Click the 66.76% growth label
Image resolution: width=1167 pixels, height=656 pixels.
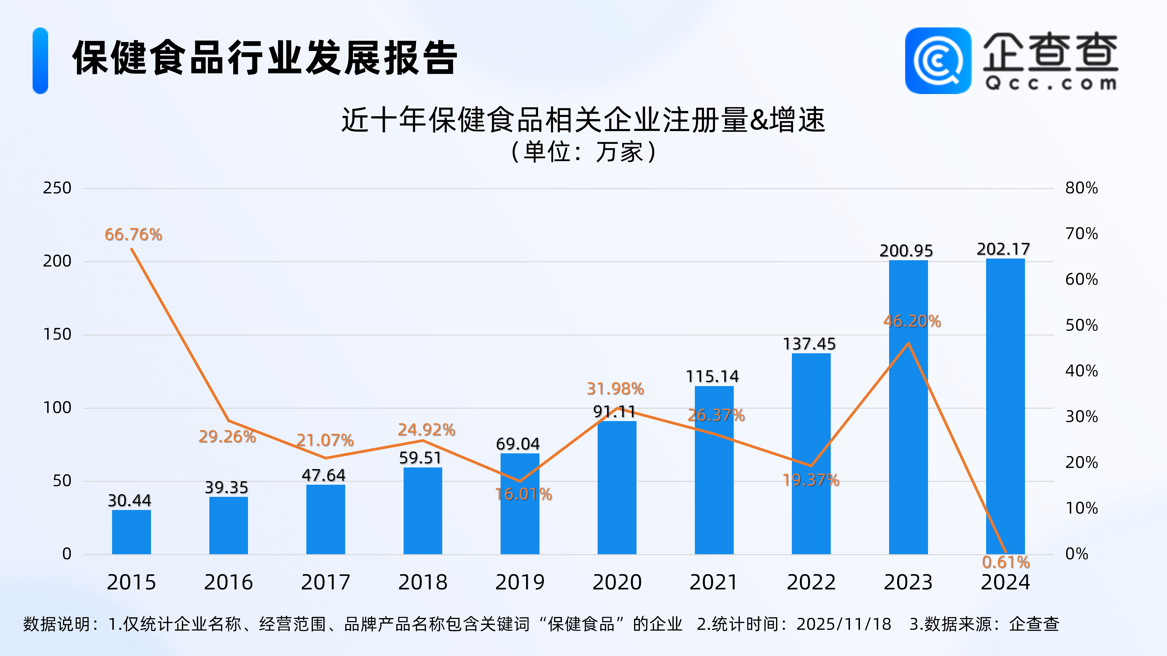133,234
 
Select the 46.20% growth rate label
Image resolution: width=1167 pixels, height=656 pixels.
912,321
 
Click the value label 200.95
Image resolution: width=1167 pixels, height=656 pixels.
906,251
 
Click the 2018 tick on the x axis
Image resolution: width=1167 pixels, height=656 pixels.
423,582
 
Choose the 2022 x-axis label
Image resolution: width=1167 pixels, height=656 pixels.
811,582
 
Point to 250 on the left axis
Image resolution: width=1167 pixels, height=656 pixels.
57,188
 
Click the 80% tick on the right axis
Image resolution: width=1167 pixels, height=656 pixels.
1081,188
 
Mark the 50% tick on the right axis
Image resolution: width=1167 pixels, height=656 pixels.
1081,325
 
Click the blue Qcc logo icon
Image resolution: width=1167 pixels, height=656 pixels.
938,61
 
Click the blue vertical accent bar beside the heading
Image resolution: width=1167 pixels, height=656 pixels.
40,61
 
